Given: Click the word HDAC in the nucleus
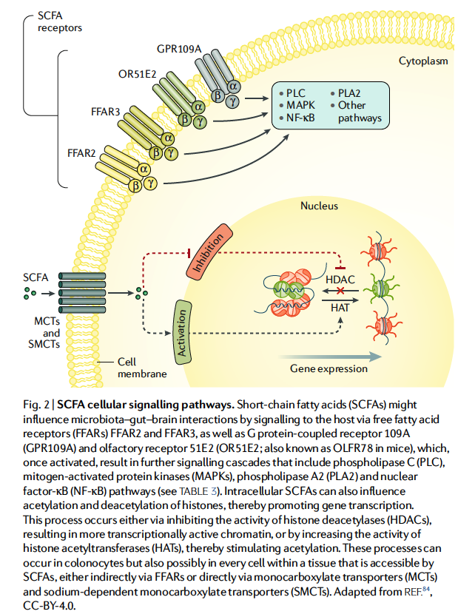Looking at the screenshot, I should pyautogui.click(x=340, y=280).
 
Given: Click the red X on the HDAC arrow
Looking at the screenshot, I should pyautogui.click(x=341, y=293).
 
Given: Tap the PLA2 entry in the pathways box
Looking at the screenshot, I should pyautogui.click(x=352, y=92).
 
